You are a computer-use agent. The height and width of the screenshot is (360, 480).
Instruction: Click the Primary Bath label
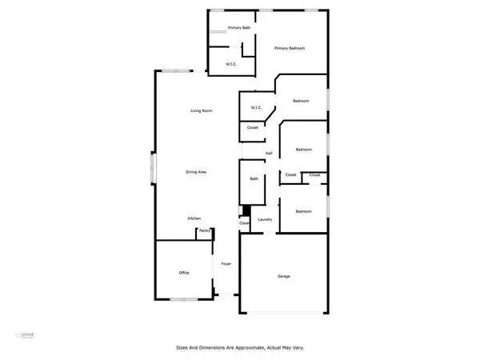point(238,28)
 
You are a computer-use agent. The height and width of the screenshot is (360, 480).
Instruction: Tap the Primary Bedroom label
point(289,48)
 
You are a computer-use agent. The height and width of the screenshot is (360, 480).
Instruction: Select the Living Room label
point(201,110)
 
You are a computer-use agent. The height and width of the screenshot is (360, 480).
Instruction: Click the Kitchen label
point(194,218)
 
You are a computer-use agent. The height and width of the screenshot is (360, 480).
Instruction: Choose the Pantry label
point(205,230)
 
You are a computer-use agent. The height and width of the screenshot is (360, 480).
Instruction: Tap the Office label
point(183,273)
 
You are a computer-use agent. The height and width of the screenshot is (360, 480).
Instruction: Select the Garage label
point(283,277)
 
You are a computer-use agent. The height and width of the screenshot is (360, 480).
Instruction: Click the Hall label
point(269,153)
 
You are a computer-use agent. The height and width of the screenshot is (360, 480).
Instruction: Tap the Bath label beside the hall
point(254,179)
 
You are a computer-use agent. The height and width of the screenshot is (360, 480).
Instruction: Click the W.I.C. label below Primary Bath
point(230,64)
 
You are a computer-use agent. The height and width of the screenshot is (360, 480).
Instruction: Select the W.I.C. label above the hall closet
point(256,107)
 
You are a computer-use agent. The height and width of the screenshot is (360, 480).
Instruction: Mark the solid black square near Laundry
point(245,212)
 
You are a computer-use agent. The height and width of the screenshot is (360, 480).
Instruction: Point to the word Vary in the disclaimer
point(297,348)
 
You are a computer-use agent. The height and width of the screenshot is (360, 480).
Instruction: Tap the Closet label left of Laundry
point(244,223)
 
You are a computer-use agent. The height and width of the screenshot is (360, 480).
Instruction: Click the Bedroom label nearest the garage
point(303,211)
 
